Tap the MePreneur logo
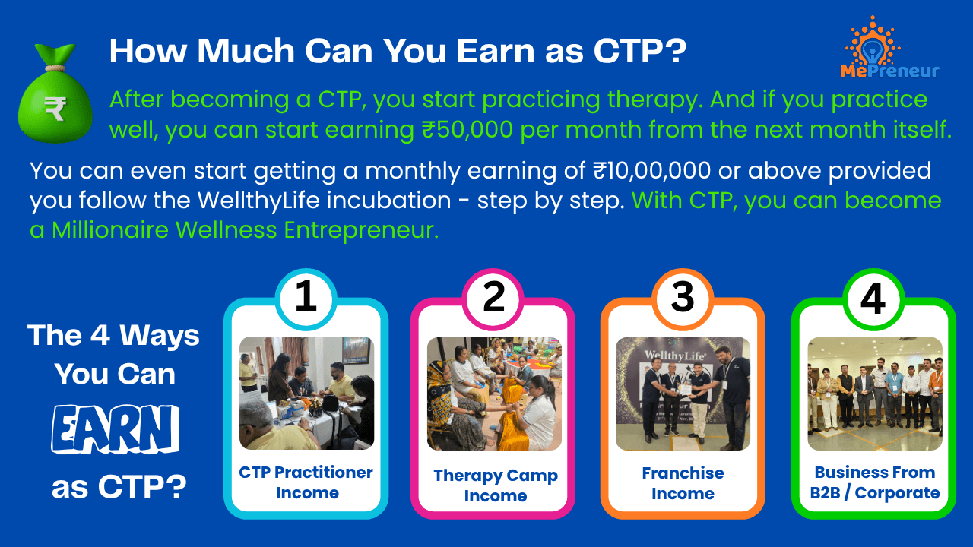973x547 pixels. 889,48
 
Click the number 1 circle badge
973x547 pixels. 306,299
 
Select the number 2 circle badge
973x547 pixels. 493,299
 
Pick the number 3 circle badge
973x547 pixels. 683,299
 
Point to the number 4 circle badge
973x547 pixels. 873,299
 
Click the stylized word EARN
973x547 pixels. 115,430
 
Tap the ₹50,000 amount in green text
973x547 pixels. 467,129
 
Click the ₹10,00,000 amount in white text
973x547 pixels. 652,170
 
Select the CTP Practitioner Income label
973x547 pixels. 306,482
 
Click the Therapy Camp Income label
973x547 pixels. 495,485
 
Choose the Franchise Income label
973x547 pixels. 683,483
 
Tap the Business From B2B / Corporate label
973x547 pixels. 874,482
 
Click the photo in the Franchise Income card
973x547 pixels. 683,394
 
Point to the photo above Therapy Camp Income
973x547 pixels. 494,394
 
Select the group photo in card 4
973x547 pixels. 875,394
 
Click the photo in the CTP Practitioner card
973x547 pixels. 306,393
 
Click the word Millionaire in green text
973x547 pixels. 110,229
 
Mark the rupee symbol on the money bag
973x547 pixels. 55,109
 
